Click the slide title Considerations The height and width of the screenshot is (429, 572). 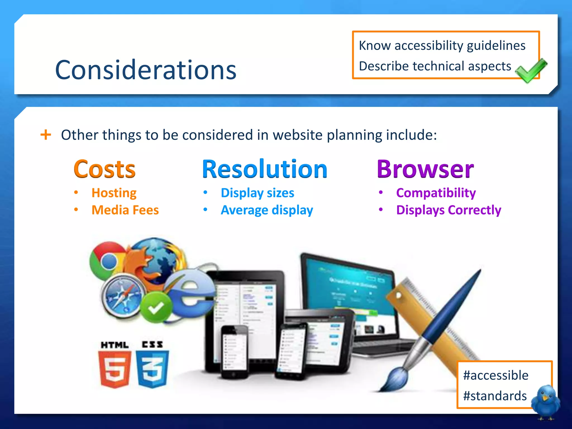tap(146, 70)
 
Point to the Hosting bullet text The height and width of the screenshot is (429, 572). tap(114, 193)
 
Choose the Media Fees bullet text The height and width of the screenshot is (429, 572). tap(125, 210)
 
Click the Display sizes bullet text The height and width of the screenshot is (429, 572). tap(257, 193)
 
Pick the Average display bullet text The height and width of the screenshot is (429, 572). tap(267, 210)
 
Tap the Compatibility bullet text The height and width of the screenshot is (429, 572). tap(436, 193)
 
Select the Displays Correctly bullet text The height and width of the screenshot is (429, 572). tap(449, 210)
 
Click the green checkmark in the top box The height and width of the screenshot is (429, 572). tap(530, 71)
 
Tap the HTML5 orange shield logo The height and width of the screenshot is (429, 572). tap(115, 369)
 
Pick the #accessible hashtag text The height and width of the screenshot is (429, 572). tap(495, 375)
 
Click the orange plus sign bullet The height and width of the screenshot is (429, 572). tap(46, 135)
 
